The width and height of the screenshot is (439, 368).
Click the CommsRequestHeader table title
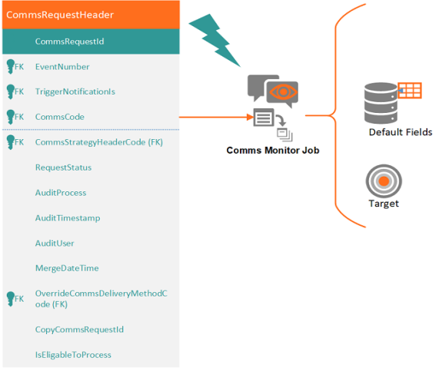tap(60, 15)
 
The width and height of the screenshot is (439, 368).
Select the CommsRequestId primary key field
tap(69, 41)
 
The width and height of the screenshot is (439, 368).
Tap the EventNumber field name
tap(62, 67)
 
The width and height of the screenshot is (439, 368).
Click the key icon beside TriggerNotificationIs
tap(11, 91)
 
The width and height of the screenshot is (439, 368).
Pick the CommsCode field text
tap(60, 117)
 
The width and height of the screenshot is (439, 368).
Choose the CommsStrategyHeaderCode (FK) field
tap(99, 142)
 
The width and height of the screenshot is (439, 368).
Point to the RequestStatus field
tap(63, 167)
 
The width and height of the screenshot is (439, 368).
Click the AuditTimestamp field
tap(68, 218)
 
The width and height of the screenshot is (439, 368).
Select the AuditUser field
tap(55, 244)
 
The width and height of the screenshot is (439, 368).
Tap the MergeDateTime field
tap(67, 268)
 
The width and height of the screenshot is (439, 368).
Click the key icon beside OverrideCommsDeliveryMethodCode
tap(11, 299)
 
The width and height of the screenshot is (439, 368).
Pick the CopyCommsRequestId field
tap(79, 330)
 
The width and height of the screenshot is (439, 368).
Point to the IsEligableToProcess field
tap(73, 355)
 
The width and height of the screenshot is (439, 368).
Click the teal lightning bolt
tap(215, 40)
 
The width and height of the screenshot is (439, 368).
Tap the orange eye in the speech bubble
tap(283, 91)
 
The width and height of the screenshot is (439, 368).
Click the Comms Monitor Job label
tap(273, 151)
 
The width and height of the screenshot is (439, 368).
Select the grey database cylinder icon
tap(381, 103)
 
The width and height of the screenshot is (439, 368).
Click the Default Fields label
tap(401, 132)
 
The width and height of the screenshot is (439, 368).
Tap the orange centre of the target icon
tap(384, 181)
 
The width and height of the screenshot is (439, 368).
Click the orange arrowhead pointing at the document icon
tap(250, 117)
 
